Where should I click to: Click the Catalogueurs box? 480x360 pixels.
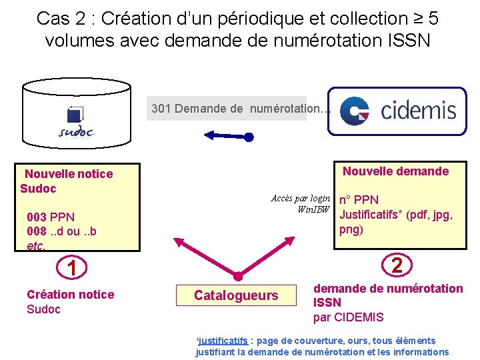pyautogui.click(x=236, y=295)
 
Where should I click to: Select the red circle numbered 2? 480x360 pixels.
pyautogui.click(x=397, y=266)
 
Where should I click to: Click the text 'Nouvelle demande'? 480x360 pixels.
pyautogui.click(x=395, y=171)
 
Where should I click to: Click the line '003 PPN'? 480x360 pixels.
pyautogui.click(x=51, y=217)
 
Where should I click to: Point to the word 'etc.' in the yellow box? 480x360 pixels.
pyautogui.click(x=37, y=245)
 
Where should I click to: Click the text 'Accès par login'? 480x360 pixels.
pyautogui.click(x=300, y=198)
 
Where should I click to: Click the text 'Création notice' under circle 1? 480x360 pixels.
pyautogui.click(x=70, y=295)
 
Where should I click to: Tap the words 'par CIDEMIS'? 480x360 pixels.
pyautogui.click(x=349, y=317)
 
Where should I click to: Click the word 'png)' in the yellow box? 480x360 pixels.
pyautogui.click(x=351, y=230)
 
